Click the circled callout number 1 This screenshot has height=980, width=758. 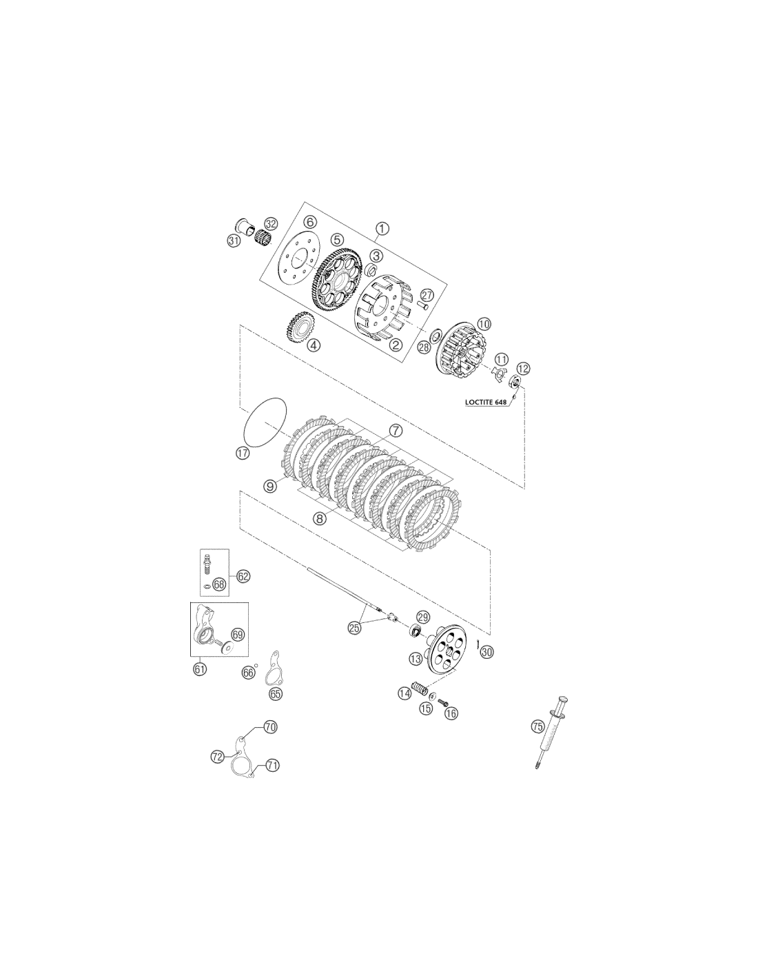[x=382, y=228]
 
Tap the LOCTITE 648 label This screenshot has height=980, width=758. [x=485, y=402]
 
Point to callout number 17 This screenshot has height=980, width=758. [x=242, y=453]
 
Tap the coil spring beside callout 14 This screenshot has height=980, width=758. [x=418, y=689]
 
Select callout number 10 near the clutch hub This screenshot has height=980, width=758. [x=483, y=323]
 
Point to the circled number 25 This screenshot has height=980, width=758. [x=354, y=628]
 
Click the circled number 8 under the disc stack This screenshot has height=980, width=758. [x=320, y=519]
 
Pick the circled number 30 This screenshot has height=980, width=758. [x=486, y=652]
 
